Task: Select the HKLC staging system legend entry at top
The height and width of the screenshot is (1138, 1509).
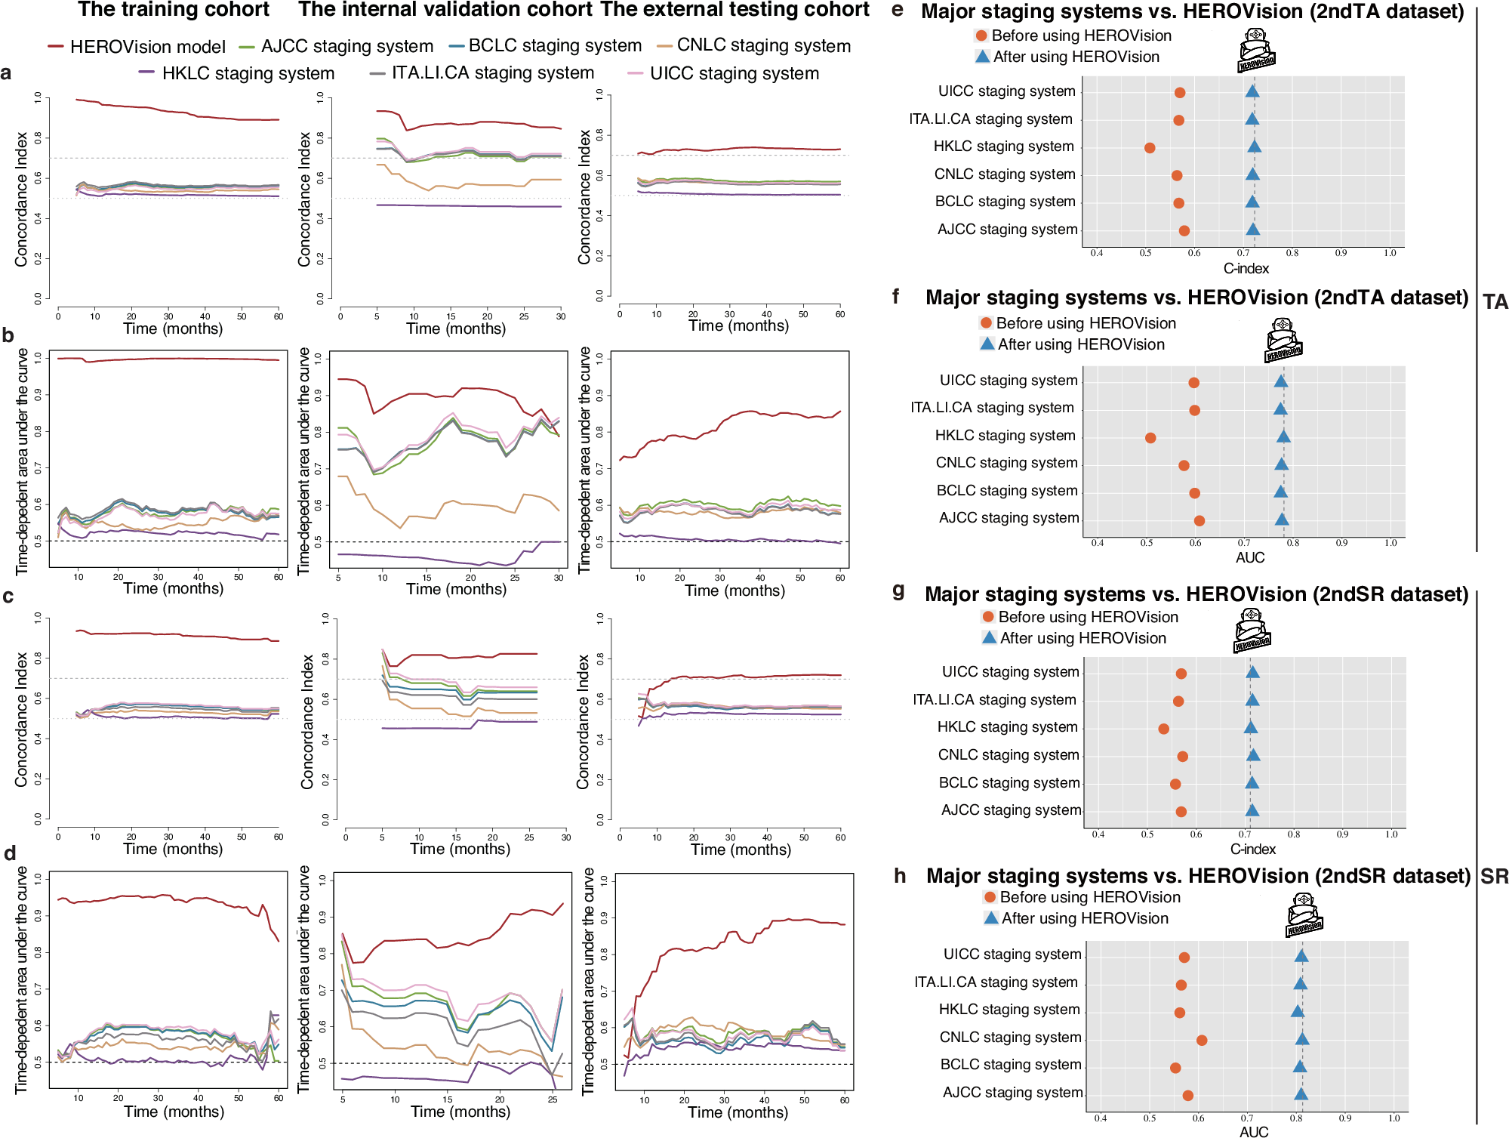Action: point(236,73)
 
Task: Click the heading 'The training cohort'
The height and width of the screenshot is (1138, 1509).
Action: point(174,10)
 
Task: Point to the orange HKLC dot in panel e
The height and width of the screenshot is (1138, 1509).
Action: point(1150,148)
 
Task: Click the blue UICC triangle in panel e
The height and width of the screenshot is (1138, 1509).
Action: point(1252,92)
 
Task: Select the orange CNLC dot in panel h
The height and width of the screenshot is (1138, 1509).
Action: point(1202,1041)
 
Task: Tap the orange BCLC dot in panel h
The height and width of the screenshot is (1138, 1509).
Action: point(1175,1068)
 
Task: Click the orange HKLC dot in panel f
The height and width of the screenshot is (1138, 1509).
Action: point(1150,438)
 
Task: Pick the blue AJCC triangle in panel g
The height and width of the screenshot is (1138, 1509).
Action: point(1252,811)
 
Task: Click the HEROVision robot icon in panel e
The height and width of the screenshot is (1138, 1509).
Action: point(1255,51)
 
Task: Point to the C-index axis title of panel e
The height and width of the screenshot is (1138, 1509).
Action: point(1246,269)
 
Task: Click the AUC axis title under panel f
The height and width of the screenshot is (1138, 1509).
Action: point(1250,558)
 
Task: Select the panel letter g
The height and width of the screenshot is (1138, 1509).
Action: point(898,591)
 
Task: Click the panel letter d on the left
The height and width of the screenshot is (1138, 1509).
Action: point(10,854)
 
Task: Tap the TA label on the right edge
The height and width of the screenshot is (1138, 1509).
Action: point(1495,302)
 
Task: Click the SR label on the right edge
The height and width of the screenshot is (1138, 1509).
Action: point(1494,877)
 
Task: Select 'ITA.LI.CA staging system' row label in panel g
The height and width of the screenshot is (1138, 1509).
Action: point(994,700)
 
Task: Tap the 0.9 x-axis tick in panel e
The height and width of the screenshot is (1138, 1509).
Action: point(1341,253)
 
